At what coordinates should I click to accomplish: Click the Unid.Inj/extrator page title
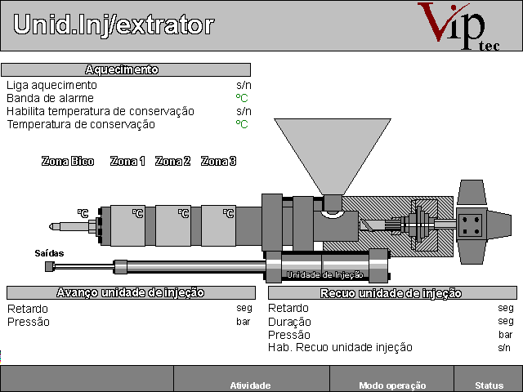pos(114,24)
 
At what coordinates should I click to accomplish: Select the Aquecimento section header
pos(126,70)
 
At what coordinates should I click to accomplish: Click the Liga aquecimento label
pos(51,85)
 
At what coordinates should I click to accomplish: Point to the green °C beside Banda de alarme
pos(242,98)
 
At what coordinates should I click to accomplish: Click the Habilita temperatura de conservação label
pos(101,111)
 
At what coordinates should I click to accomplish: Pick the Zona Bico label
pos(68,162)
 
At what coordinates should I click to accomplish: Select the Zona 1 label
pos(127,162)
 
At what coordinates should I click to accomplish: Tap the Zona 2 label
pos(172,162)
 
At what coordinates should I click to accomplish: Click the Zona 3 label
pos(218,162)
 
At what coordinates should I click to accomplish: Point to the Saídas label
pos(49,253)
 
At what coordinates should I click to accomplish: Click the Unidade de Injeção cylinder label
pos(325,274)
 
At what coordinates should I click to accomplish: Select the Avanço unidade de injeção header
pos(131,292)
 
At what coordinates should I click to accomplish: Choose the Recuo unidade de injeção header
pos(392,293)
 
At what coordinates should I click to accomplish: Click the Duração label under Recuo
pos(289,322)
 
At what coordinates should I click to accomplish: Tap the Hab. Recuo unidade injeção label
pos(340,347)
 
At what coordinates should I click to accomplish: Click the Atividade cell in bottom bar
pos(251,385)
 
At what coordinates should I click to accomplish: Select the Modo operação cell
pos(392,385)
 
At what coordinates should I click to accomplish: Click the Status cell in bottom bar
pos(489,385)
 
